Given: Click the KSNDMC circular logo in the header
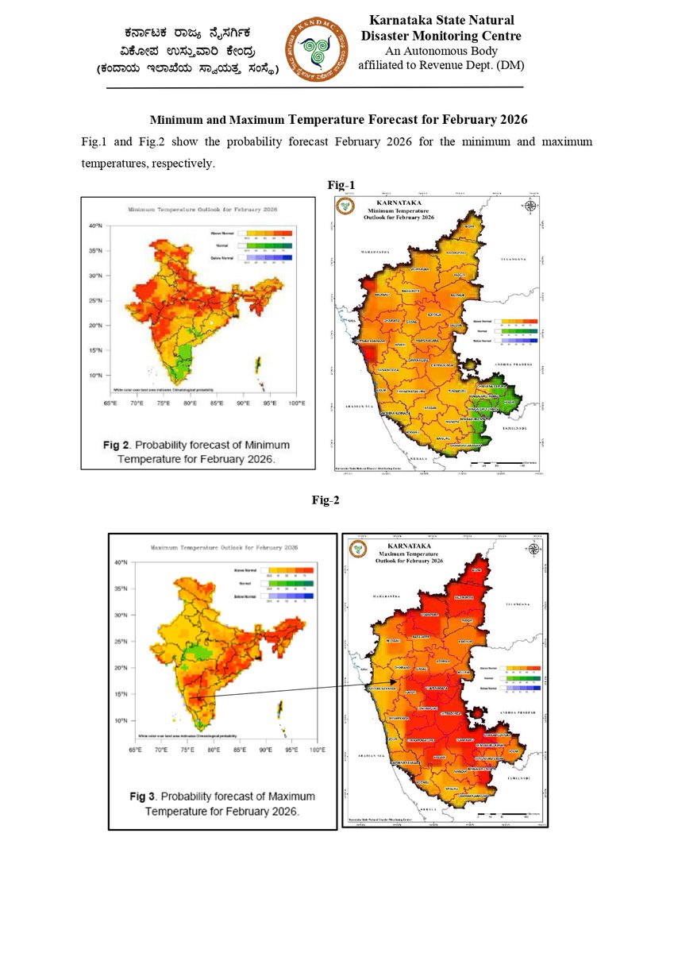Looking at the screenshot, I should click(x=317, y=50).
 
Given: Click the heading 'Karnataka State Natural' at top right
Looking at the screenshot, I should click(x=441, y=20).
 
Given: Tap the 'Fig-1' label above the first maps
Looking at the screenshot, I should click(x=341, y=185).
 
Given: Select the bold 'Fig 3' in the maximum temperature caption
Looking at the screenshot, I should click(x=147, y=797).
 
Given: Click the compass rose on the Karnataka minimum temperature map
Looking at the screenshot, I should click(x=531, y=206).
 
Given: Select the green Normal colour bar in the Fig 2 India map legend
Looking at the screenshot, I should click(x=264, y=247).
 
